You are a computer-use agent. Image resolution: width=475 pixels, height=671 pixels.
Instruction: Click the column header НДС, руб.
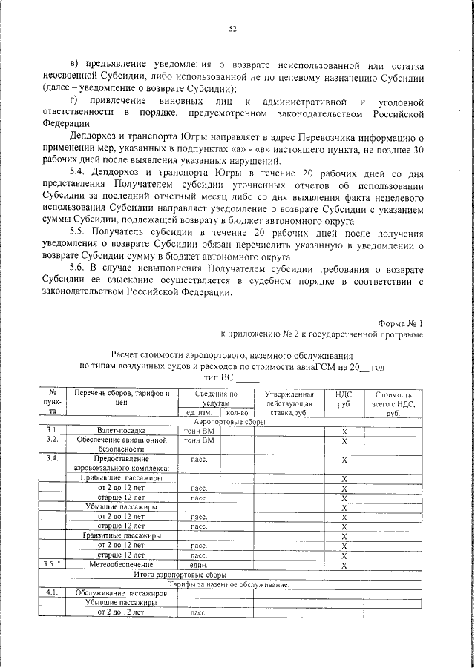pos(344,400)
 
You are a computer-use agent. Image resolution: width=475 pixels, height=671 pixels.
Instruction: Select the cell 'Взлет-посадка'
pos(122,430)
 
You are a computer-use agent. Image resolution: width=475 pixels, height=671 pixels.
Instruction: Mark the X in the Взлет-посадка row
pos(344,431)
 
